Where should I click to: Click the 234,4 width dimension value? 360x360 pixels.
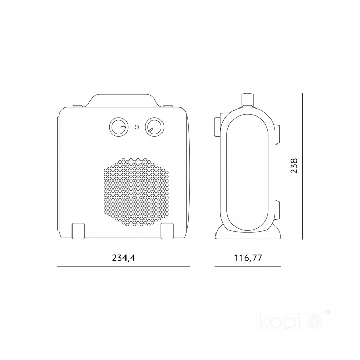(x=123, y=258)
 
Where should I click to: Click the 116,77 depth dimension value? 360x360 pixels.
(x=248, y=258)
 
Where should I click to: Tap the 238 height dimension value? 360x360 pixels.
(x=294, y=166)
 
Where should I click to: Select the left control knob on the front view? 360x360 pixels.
(x=118, y=127)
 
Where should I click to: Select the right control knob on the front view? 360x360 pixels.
(x=154, y=127)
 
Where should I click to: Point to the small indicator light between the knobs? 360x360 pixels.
(x=137, y=127)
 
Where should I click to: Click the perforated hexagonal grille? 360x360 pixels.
(x=136, y=192)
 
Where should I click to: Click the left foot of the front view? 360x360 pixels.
(x=79, y=230)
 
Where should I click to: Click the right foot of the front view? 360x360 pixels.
(x=167, y=230)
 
